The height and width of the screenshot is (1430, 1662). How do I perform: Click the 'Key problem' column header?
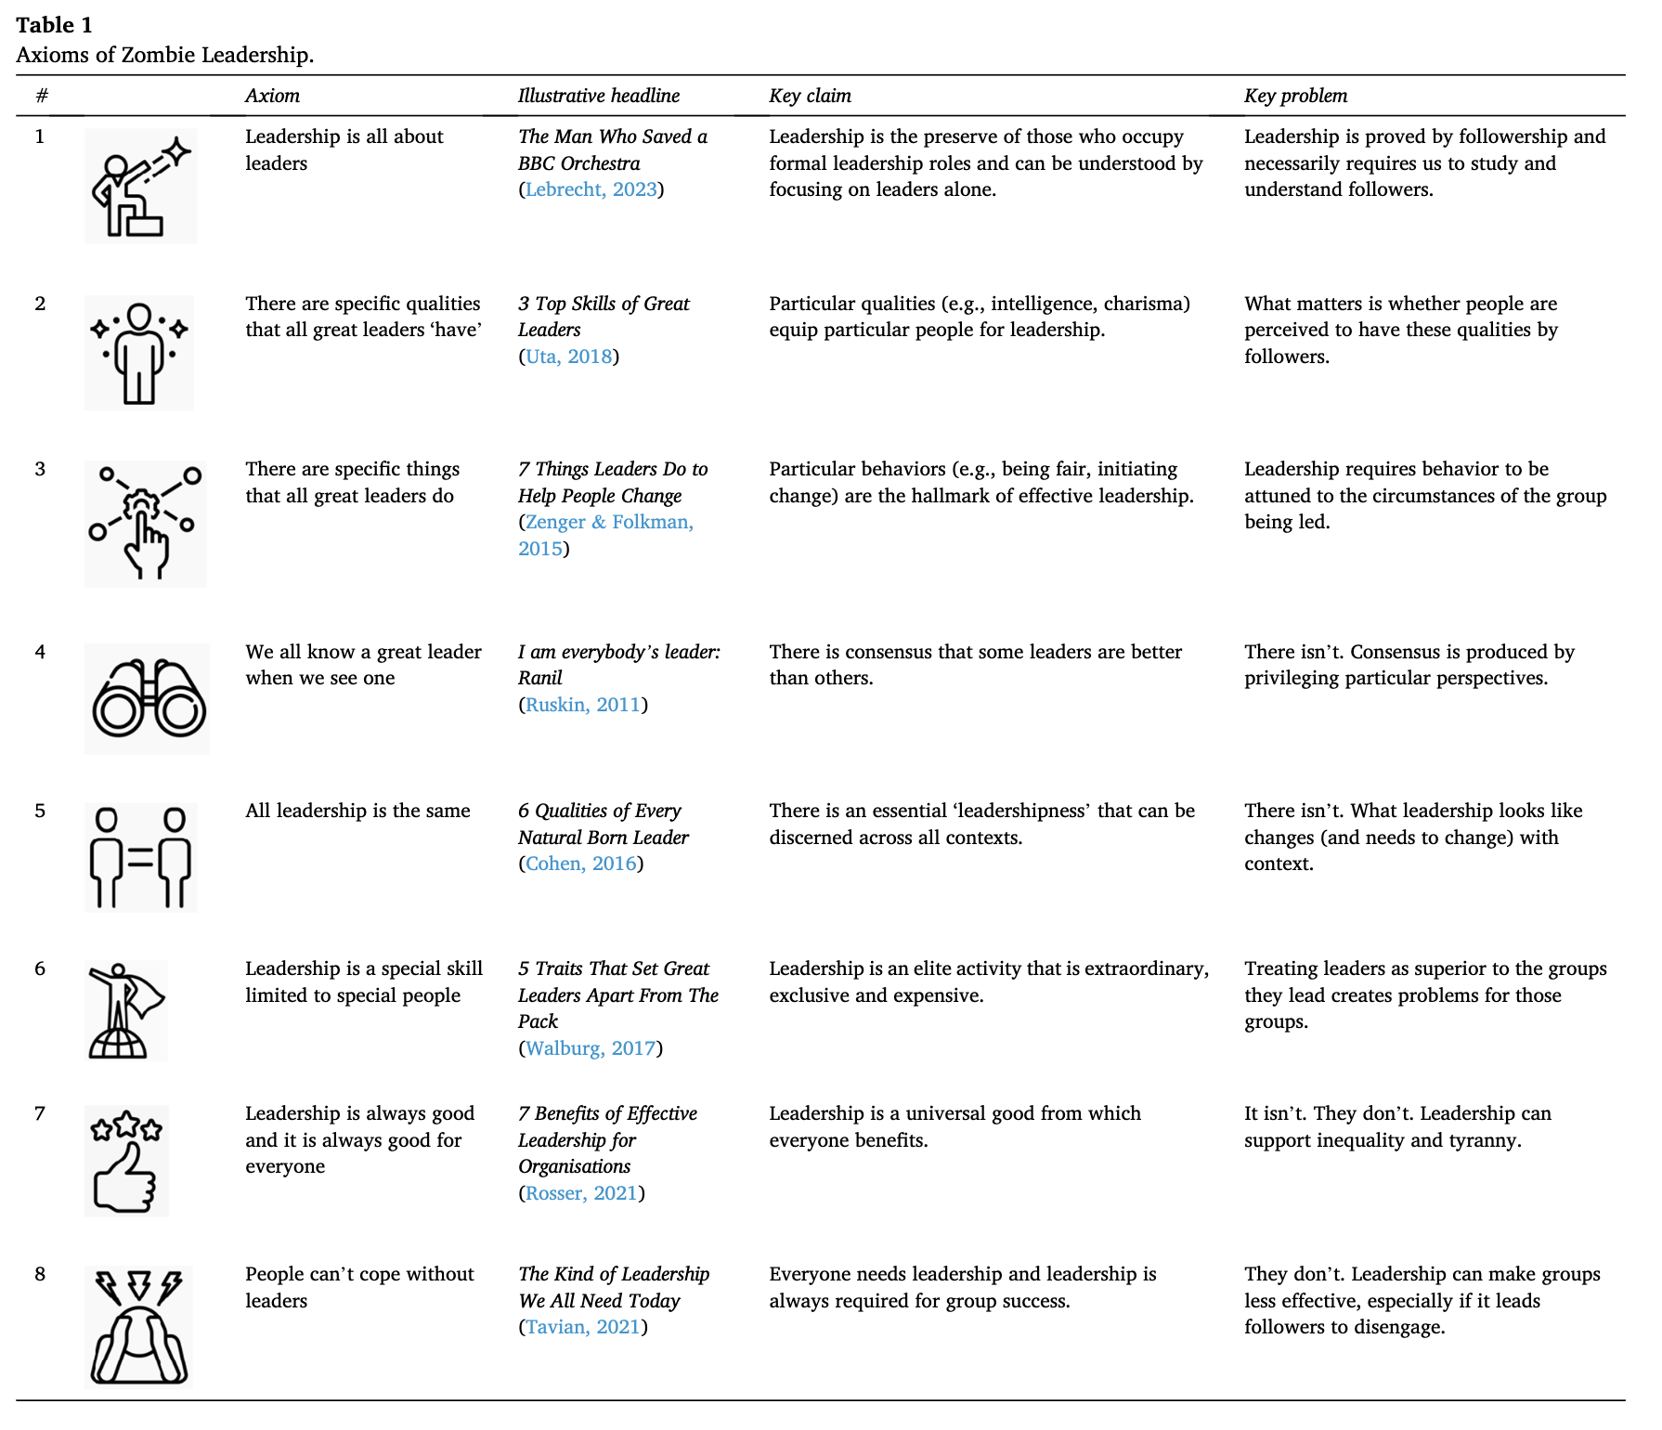(x=1295, y=96)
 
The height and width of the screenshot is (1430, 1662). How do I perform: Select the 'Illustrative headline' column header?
(x=598, y=96)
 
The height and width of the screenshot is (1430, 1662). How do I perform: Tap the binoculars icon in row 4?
(x=148, y=698)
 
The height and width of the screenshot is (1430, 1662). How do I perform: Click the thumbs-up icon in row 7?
(x=126, y=1161)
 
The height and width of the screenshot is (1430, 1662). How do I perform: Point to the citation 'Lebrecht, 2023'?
(x=591, y=189)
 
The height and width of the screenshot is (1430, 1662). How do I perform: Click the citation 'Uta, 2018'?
(x=568, y=357)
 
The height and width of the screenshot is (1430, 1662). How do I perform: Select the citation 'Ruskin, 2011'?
(x=582, y=705)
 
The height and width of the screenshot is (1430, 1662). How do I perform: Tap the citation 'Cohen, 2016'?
(x=580, y=864)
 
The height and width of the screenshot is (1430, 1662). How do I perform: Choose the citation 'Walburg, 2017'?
(x=591, y=1048)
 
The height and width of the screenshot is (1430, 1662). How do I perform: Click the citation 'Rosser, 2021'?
(x=581, y=1193)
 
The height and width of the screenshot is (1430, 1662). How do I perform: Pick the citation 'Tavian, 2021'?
(x=582, y=1327)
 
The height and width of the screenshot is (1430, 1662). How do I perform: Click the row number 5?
(x=40, y=811)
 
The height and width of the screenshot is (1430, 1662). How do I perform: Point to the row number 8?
(x=40, y=1274)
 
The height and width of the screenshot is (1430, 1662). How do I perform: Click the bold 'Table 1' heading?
(x=54, y=25)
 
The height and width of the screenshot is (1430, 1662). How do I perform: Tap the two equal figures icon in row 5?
(x=140, y=857)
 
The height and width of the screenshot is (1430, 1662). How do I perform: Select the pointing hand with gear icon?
(x=145, y=524)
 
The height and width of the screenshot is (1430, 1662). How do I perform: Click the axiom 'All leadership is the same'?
(x=357, y=811)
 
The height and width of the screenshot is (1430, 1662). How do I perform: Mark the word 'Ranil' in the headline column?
(x=539, y=678)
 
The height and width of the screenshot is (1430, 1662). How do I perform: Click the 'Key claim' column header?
(x=810, y=96)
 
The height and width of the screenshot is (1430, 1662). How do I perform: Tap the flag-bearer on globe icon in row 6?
(x=125, y=1010)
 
